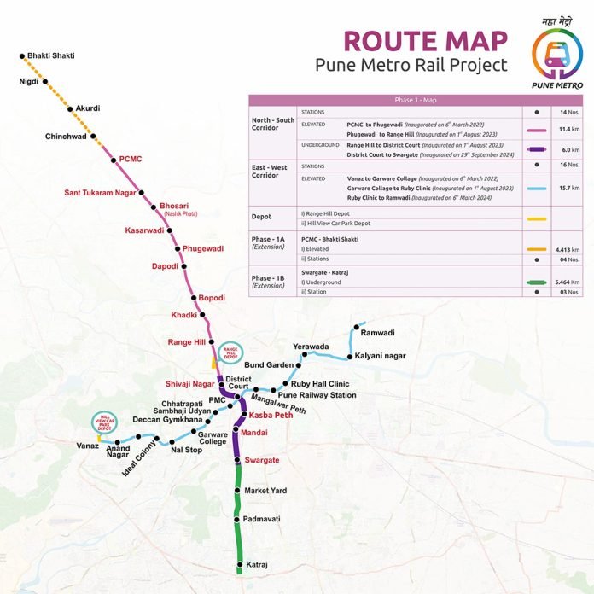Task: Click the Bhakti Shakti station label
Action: pyautogui.click(x=51, y=55)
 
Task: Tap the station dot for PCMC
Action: pyautogui.click(x=113, y=159)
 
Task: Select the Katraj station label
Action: pyautogui.click(x=257, y=565)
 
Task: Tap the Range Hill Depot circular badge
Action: pyautogui.click(x=230, y=352)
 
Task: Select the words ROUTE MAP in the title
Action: pyautogui.click(x=424, y=40)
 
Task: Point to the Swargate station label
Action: pyautogui.click(x=262, y=460)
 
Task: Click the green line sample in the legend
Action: pyautogui.click(x=536, y=279)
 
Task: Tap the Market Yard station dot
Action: pyautogui.click(x=236, y=491)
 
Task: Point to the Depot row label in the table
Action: pyautogui.click(x=261, y=217)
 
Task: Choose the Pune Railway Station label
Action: pyautogui.click(x=317, y=396)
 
